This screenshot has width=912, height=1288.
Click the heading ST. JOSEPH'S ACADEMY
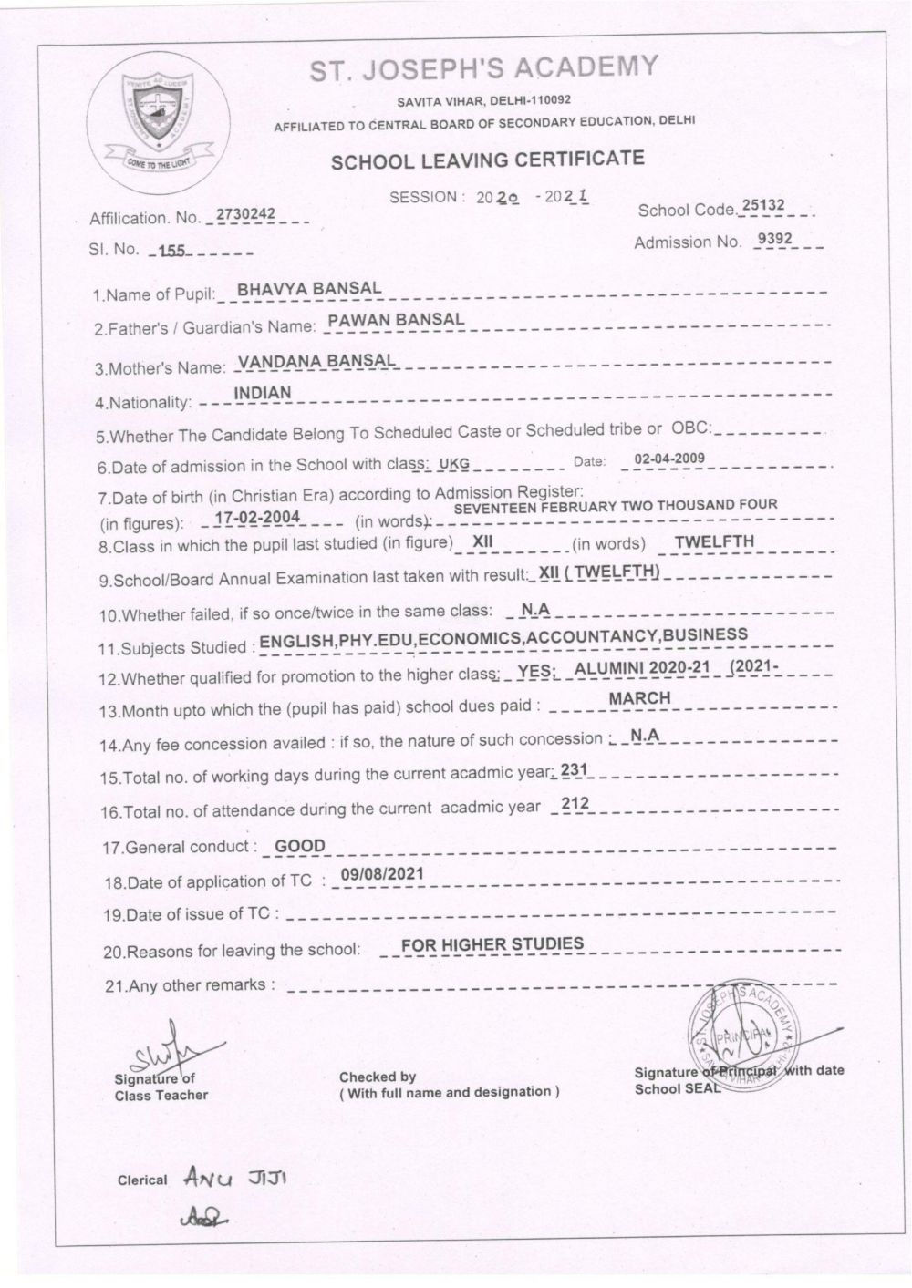(484, 69)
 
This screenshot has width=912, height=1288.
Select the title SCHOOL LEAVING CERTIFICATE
(486, 160)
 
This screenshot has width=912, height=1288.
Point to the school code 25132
(762, 206)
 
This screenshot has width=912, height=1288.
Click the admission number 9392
(775, 240)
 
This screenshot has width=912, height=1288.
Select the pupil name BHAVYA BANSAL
(308, 289)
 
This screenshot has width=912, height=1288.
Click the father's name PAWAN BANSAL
(396, 320)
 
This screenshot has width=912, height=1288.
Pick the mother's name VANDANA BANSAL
(316, 361)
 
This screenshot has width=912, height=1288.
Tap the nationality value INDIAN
(263, 393)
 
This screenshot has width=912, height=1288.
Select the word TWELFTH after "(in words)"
(714, 541)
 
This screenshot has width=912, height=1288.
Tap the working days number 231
(573, 770)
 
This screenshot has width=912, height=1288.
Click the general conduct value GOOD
(300, 846)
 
